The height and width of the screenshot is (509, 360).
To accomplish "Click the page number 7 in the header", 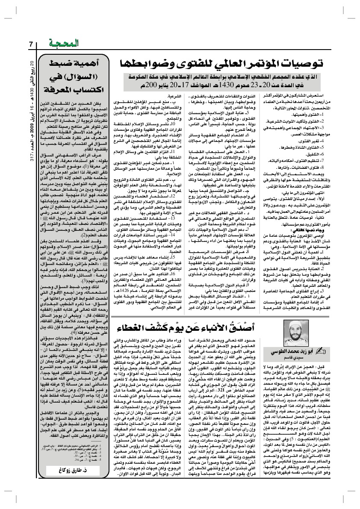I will click(x=31, y=44).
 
